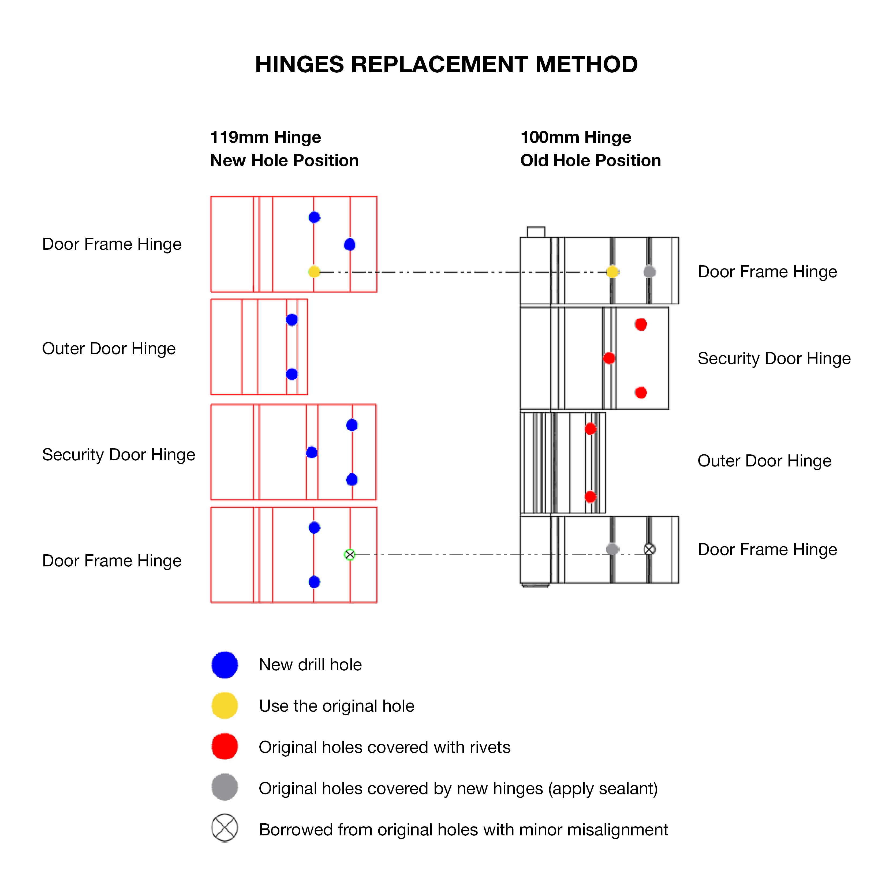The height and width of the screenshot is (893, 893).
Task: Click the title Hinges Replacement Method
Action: point(446,64)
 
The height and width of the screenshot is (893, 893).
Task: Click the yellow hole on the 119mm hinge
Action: point(314,271)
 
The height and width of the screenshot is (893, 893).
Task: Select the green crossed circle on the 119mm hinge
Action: point(350,554)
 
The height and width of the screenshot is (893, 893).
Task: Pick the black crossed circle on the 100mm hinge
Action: point(649,549)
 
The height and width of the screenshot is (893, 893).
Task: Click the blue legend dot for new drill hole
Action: point(225,665)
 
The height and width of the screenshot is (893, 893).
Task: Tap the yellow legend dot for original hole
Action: point(225,705)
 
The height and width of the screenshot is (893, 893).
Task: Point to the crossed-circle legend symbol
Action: point(225,828)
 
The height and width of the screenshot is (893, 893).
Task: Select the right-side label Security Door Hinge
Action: point(774,359)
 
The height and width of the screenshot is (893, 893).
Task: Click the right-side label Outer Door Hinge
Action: point(764,461)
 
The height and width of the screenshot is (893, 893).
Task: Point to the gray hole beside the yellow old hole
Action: point(649,272)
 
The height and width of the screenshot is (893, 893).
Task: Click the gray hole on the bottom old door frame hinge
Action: point(612,549)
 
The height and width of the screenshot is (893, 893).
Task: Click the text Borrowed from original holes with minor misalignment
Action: point(463,830)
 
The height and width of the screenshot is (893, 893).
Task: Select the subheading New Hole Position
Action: point(284,160)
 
